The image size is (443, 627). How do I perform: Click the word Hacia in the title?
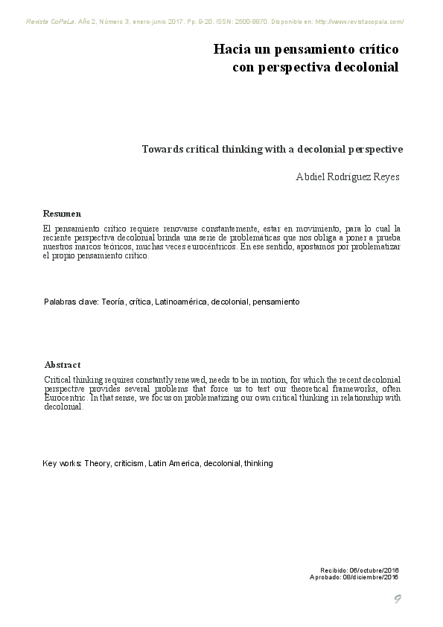[229, 49]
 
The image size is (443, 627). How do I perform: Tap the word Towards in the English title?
[163, 149]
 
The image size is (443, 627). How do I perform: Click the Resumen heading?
[63, 213]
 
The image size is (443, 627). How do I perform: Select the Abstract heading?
[63, 365]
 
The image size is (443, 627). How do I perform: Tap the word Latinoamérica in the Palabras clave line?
[181, 302]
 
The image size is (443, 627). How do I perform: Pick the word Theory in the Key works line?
[98, 463]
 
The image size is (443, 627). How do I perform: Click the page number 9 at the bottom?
[398, 600]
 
